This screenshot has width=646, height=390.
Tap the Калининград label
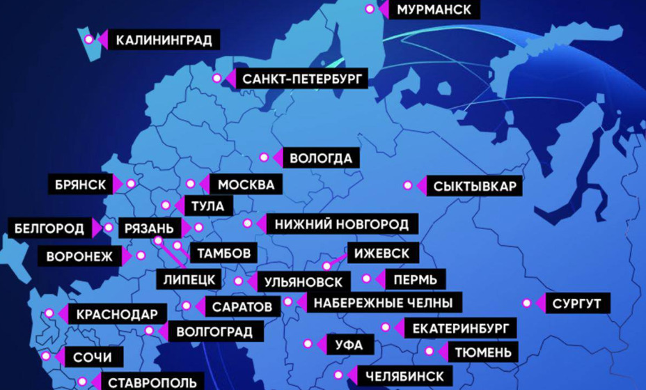(164, 40)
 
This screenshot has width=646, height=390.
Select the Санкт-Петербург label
(302, 79)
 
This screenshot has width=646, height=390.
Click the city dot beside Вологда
(264, 157)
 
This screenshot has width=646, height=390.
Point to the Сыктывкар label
(474, 186)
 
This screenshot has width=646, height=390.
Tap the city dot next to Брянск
(130, 184)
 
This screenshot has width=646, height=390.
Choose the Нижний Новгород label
(342, 225)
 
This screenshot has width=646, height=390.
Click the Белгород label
(49, 228)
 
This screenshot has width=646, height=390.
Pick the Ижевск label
(382, 253)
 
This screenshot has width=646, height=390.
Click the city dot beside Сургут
(527, 304)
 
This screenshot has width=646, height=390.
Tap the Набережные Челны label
(383, 303)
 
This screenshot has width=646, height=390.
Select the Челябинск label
(404, 377)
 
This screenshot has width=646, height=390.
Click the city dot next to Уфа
(308, 343)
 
